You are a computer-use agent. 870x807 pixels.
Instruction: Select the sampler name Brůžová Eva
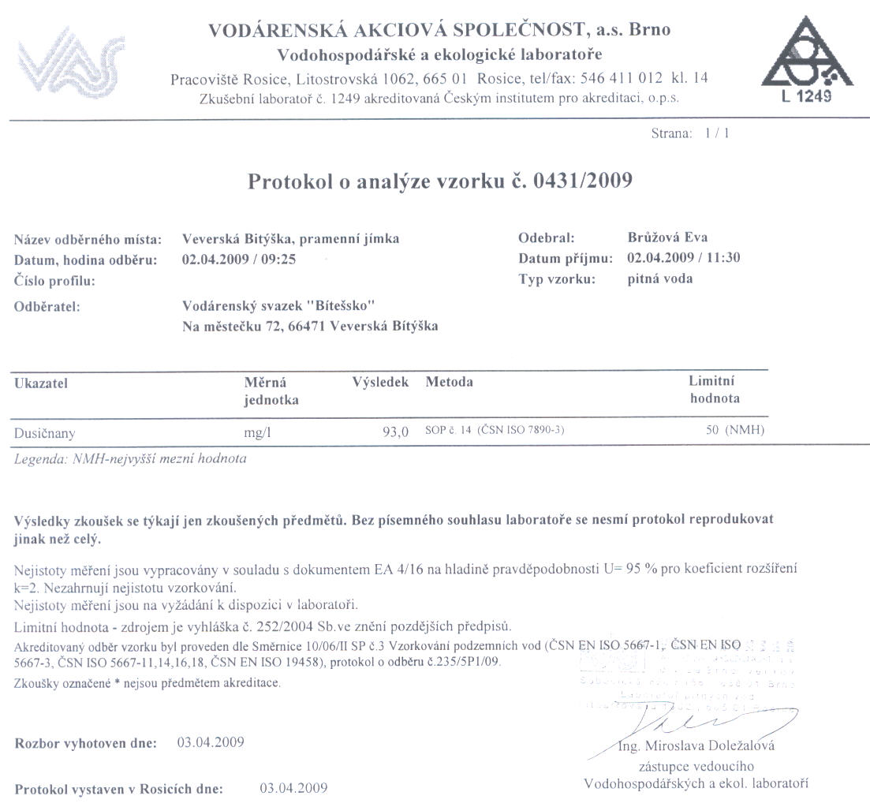click(662, 237)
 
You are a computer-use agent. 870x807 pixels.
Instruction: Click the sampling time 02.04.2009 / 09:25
click(239, 258)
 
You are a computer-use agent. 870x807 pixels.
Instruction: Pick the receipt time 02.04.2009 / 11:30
click(683, 258)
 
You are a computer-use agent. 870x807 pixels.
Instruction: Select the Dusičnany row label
click(45, 432)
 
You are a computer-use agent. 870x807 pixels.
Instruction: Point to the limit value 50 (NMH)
click(735, 430)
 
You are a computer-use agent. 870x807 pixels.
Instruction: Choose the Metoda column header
click(449, 383)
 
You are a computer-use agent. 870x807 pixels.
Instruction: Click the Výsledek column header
click(380, 383)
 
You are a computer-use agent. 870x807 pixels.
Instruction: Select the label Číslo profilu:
click(54, 280)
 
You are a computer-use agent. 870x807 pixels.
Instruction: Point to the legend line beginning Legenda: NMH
click(130, 459)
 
